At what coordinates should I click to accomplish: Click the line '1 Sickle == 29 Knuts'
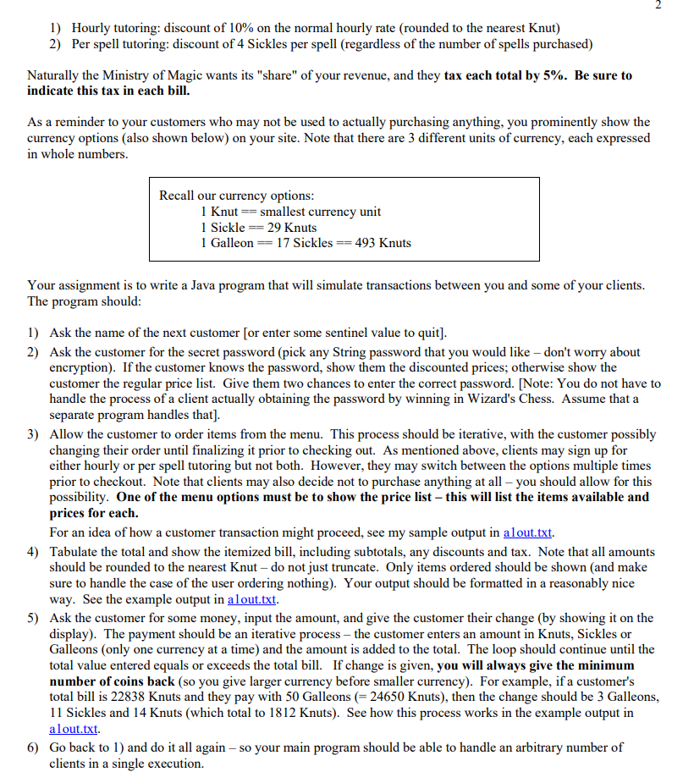(x=258, y=227)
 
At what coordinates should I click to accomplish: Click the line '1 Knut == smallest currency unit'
(x=290, y=212)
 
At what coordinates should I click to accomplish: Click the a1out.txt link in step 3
(x=528, y=532)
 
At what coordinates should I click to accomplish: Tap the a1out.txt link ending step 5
(x=74, y=729)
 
